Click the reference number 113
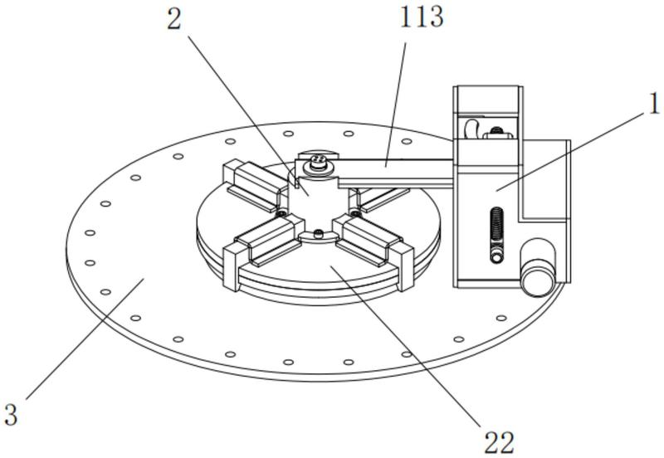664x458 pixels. [x=422, y=17]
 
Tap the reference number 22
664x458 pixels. [x=499, y=443]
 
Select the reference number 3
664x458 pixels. [x=11, y=414]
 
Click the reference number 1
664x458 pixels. [x=655, y=103]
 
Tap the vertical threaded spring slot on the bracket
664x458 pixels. [x=496, y=235]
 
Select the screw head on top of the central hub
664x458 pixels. [x=318, y=162]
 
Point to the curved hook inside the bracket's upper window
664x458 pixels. [x=471, y=129]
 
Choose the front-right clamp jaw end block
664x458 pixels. [x=404, y=267]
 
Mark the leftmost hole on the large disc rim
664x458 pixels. [x=90, y=233]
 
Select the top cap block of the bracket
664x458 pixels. [x=488, y=100]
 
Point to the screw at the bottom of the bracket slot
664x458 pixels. [x=496, y=256]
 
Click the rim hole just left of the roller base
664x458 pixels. [x=501, y=318]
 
